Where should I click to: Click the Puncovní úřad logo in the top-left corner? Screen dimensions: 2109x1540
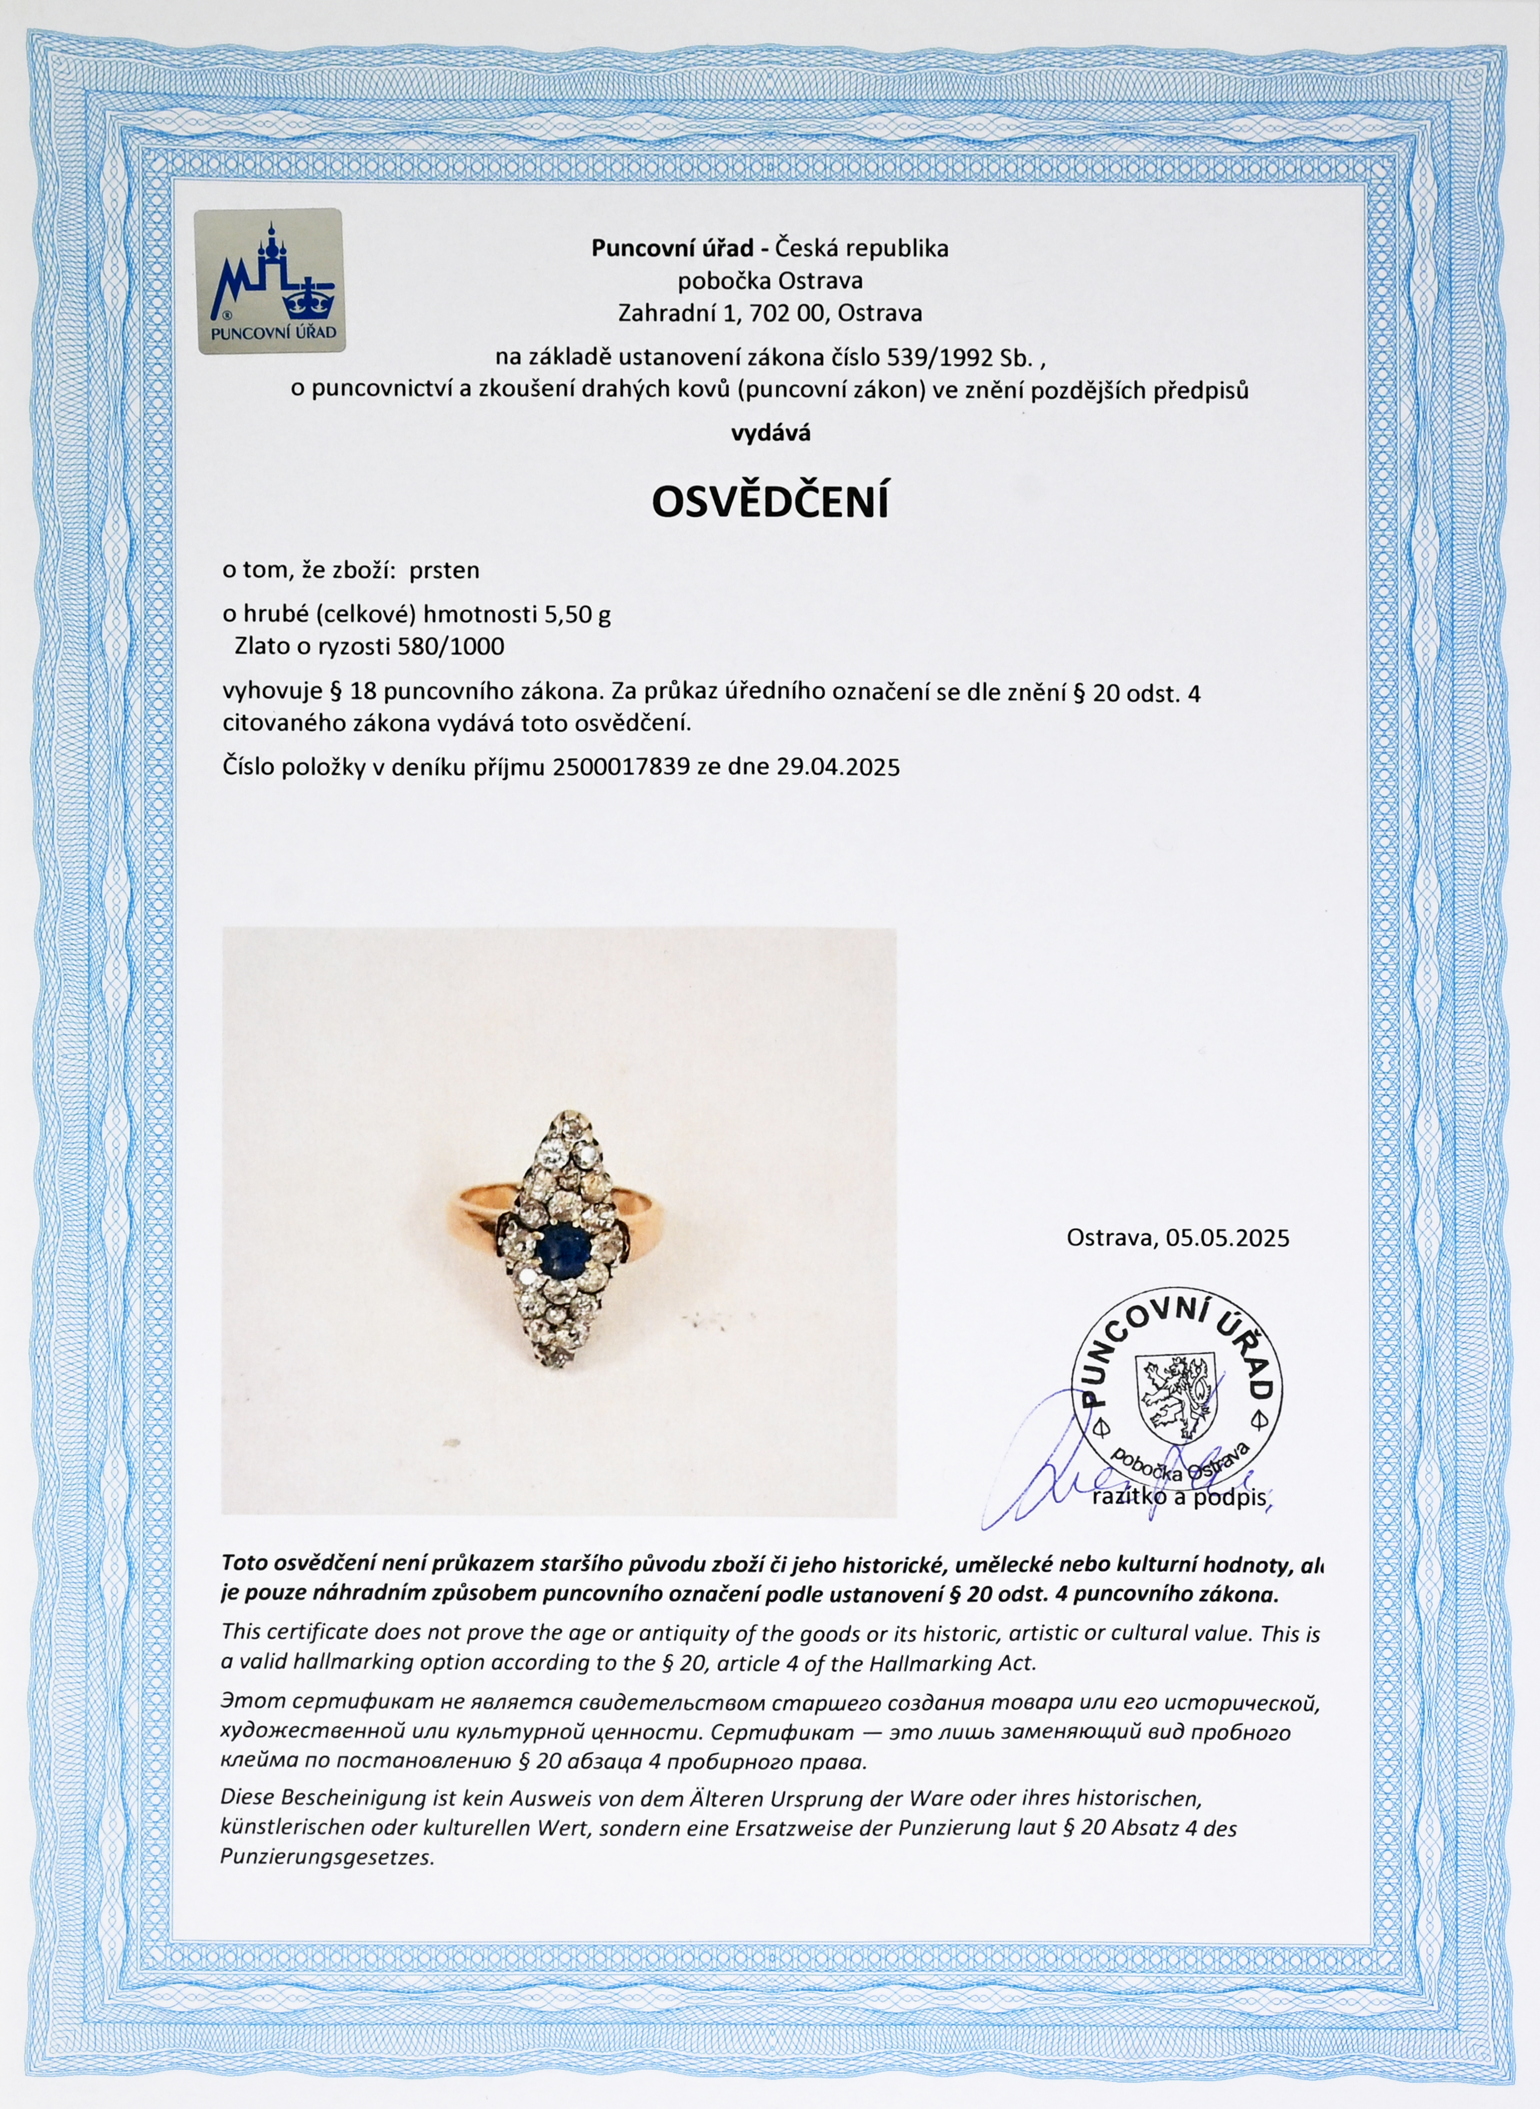tap(269, 281)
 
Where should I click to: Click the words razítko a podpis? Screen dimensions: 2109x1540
tap(1179, 1497)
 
